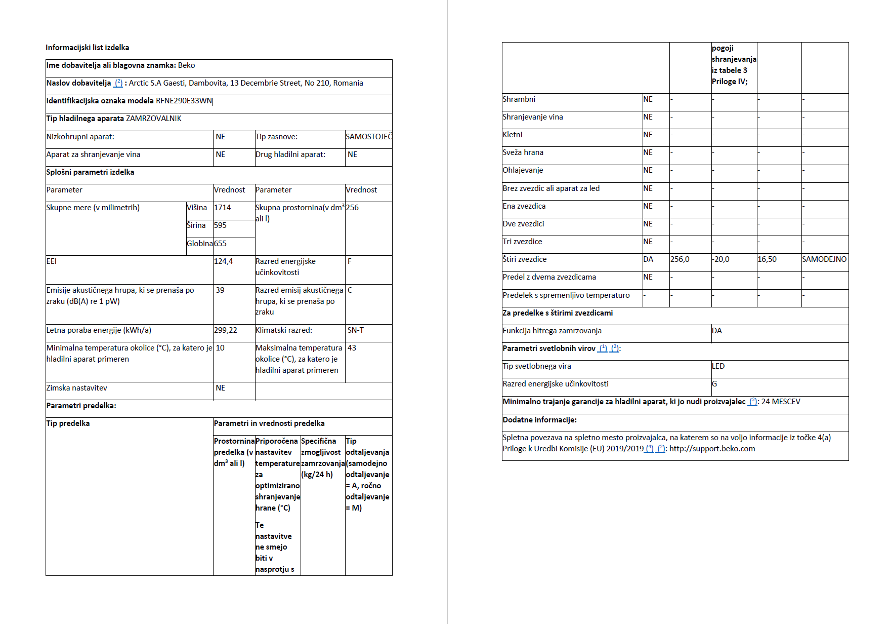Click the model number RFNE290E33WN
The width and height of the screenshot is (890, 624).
184,101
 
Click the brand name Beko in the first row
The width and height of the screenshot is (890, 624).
186,65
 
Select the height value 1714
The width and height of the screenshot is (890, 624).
222,208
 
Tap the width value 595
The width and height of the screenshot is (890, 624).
220,225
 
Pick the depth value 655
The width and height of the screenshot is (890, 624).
220,244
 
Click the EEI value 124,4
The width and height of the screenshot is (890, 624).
223,261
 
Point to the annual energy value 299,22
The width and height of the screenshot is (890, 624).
225,330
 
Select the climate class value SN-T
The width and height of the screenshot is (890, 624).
355,330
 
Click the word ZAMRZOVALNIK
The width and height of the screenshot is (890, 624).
153,119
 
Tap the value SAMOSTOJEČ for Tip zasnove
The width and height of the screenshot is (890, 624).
368,137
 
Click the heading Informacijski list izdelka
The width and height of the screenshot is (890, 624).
87,48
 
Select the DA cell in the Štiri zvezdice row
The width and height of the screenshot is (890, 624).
648,259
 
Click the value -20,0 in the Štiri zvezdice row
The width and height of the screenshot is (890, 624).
721,259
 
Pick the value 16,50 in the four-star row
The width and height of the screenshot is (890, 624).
767,259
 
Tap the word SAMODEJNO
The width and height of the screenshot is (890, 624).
824,259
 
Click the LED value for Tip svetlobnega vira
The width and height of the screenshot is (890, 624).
718,366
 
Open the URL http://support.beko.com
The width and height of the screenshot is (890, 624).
712,449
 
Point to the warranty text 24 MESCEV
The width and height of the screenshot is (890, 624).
781,402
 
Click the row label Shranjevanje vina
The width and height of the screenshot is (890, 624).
532,117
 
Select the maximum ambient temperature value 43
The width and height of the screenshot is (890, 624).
352,348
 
